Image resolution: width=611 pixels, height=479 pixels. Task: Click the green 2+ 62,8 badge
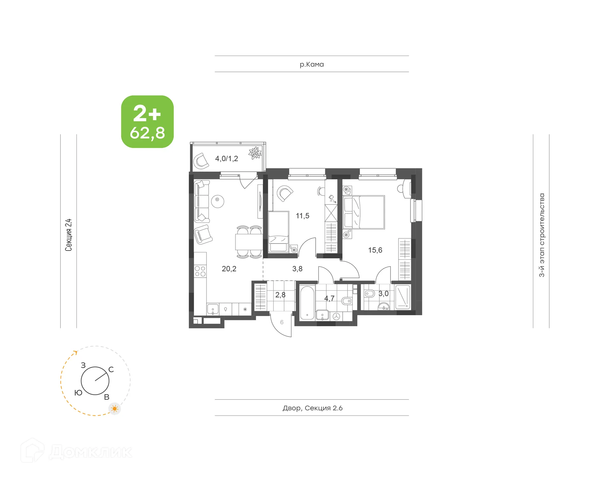pyautogui.click(x=147, y=122)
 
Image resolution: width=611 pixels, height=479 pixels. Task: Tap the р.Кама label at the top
pyautogui.click(x=312, y=65)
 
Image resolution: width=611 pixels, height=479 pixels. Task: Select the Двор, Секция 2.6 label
pyautogui.click(x=312, y=408)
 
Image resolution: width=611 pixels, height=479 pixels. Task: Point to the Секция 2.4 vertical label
pyautogui.click(x=68, y=235)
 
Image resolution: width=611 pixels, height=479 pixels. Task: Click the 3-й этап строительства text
pyautogui.click(x=542, y=235)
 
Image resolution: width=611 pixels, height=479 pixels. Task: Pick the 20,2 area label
pyautogui.click(x=229, y=269)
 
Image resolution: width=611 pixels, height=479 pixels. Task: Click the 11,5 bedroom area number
pyautogui.click(x=302, y=216)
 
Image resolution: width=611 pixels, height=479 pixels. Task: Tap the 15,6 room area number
pyautogui.click(x=375, y=250)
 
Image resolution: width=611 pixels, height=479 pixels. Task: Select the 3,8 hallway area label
pyautogui.click(x=297, y=269)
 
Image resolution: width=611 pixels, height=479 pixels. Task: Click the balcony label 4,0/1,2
pyautogui.click(x=226, y=159)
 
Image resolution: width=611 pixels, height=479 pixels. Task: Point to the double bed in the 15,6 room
pyautogui.click(x=364, y=212)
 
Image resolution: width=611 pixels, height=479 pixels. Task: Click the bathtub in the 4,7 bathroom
pyautogui.click(x=307, y=303)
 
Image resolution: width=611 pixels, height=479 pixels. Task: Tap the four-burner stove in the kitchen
pyautogui.click(x=200, y=271)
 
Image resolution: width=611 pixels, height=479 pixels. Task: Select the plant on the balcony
pyautogui.click(x=255, y=153)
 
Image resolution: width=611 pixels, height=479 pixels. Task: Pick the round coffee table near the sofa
pyautogui.click(x=217, y=201)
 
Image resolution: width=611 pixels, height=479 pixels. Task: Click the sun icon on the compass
pyautogui.click(x=115, y=408)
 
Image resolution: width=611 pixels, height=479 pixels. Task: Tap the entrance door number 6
pyautogui.click(x=282, y=322)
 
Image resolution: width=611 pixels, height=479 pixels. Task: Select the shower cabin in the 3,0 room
pyautogui.click(x=403, y=297)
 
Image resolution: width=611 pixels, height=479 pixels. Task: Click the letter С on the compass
pyautogui.click(x=111, y=370)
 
